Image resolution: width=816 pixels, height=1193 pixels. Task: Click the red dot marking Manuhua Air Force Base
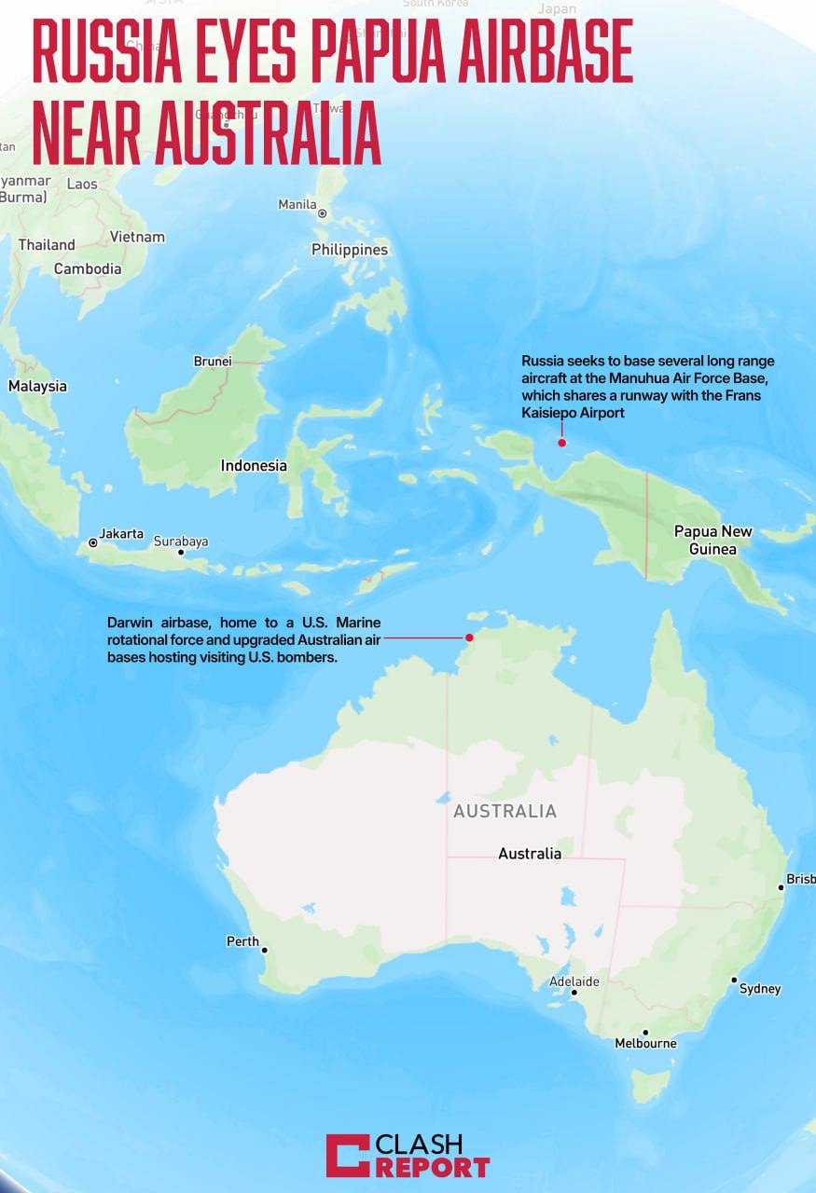[561, 443]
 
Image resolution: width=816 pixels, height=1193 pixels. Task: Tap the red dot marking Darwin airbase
[470, 638]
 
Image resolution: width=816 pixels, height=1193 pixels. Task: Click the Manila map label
[297, 204]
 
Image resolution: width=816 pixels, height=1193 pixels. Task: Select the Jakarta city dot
[93, 542]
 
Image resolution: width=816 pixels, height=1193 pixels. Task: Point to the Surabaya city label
[181, 542]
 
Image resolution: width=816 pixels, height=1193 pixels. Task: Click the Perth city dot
[265, 951]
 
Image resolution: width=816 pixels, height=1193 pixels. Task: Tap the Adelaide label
[574, 981]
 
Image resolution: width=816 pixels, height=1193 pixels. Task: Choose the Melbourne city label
[645, 1044]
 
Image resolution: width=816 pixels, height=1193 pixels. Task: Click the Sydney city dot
[734, 980]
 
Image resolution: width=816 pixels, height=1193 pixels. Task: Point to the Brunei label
[212, 361]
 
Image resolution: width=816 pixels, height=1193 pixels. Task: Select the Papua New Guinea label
[712, 541]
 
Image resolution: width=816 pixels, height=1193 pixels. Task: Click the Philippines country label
[350, 250]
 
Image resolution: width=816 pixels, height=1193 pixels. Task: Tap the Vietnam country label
[137, 237]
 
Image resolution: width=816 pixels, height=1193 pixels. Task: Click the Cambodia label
[88, 268]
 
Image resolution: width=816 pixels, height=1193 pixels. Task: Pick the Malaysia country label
[37, 386]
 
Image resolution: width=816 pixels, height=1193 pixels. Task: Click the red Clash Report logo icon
[347, 1156]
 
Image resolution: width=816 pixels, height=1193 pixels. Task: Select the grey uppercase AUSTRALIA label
[505, 812]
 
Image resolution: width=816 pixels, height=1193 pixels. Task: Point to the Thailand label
[47, 245]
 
